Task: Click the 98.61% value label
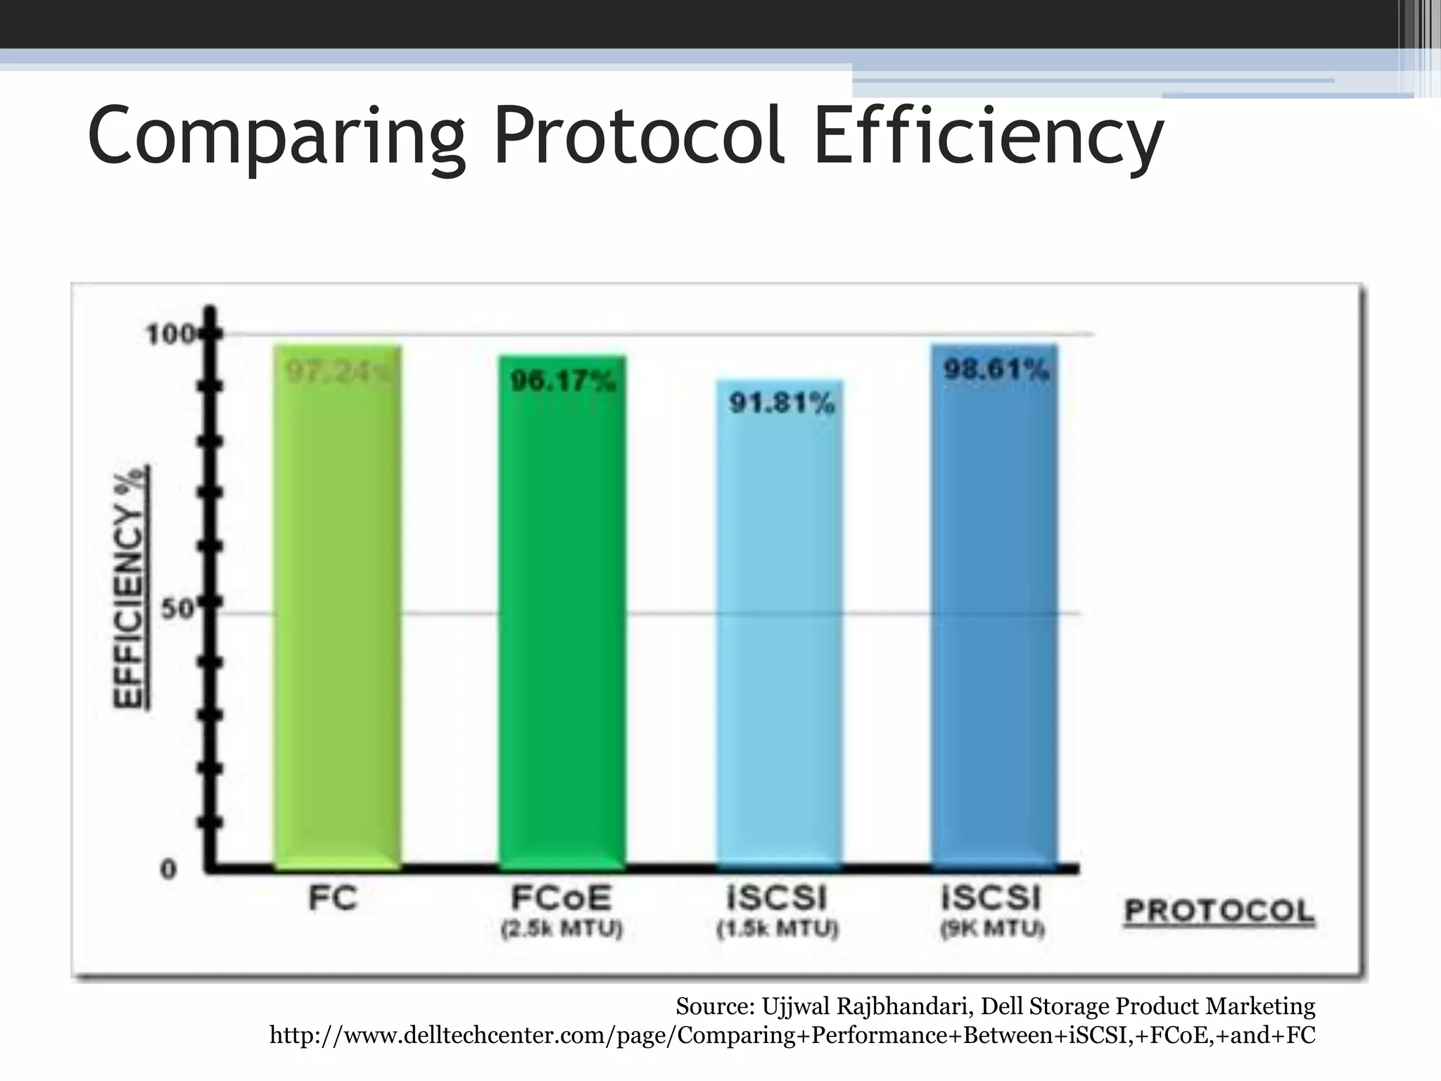(996, 369)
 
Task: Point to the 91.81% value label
(781, 403)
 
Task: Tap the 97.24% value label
(338, 370)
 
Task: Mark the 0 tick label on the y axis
(169, 870)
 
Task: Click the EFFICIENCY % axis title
(130, 586)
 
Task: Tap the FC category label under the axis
(333, 899)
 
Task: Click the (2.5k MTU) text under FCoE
(561, 930)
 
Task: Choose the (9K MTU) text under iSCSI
(992, 930)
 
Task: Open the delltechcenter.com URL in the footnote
(792, 1035)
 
